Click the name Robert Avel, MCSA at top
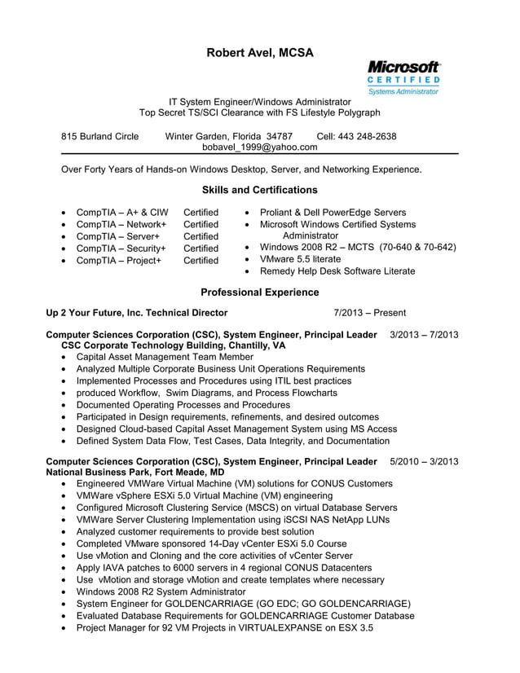[259, 53]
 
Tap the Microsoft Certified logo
[403, 78]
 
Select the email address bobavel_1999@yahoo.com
[259, 147]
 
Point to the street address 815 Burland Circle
[100, 136]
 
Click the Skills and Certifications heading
[259, 190]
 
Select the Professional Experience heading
[259, 292]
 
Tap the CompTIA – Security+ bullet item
[121, 249]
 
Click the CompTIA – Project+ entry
[118, 261]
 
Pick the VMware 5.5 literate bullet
[300, 258]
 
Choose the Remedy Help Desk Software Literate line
[337, 271]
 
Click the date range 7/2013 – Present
[369, 313]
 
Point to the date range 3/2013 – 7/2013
[424, 335]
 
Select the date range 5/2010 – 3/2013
[424, 461]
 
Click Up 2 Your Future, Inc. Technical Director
[137, 313]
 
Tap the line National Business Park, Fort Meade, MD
[135, 472]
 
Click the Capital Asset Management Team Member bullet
[165, 357]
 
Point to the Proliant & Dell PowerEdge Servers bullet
[332, 212]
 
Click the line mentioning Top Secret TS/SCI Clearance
[259, 112]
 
